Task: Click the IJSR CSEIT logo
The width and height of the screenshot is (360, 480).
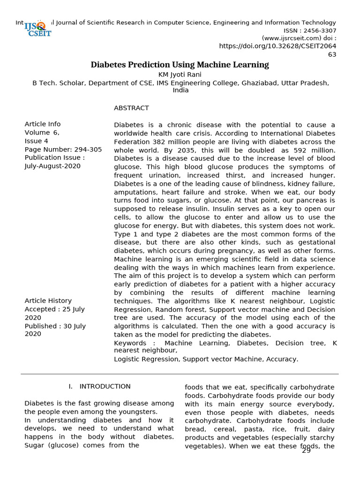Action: pos(38,29)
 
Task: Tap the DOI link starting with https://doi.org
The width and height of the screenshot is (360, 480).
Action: pos(277,46)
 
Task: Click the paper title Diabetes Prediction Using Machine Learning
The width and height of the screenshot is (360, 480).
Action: pos(180,65)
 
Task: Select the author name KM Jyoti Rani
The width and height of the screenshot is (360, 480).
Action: pos(180,75)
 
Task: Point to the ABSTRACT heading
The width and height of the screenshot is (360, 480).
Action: pos(131,108)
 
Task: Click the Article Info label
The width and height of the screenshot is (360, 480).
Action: pos(43,124)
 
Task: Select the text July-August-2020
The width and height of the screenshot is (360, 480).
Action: pos(52,166)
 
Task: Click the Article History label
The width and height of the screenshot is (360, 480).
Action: pos(48,301)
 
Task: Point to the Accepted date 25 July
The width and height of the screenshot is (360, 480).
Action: pos(70,309)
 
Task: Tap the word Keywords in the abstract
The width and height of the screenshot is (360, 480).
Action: pos(130,344)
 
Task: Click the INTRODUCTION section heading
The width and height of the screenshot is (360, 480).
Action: pos(105,387)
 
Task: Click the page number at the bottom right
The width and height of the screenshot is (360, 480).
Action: pos(306,450)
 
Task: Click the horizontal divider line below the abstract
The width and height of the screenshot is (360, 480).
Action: pos(180,374)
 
